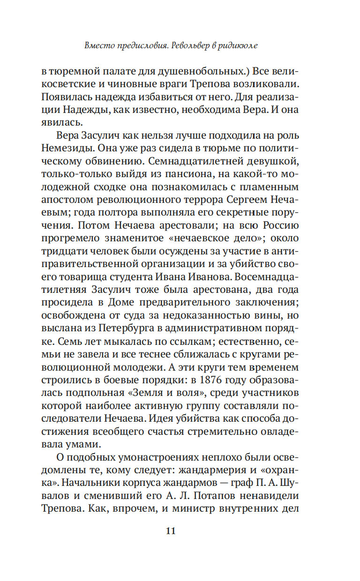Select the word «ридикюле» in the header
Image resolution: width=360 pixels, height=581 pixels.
[239, 46]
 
